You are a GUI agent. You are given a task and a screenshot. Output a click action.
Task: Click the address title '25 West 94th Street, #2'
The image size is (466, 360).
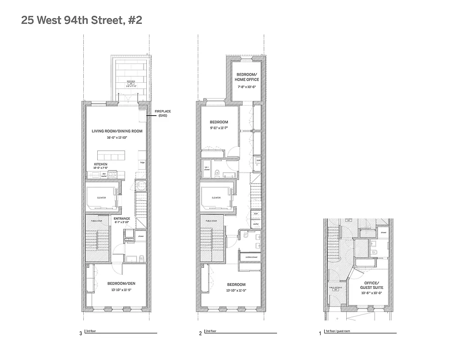click(81, 21)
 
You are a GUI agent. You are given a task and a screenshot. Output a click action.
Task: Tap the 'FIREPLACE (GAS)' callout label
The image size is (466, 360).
click(163, 113)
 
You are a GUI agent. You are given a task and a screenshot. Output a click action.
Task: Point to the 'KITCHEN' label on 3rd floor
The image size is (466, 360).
click(100, 164)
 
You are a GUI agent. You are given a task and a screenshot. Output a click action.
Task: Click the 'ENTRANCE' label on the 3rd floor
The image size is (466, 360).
click(122, 219)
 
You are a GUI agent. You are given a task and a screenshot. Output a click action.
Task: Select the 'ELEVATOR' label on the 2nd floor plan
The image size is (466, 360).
click(216, 198)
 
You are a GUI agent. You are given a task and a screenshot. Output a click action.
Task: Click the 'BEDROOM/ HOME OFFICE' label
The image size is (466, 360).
click(246, 76)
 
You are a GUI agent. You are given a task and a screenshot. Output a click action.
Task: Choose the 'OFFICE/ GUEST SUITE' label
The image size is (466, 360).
click(371, 285)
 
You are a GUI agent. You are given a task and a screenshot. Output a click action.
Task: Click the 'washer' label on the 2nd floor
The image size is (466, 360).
click(256, 224)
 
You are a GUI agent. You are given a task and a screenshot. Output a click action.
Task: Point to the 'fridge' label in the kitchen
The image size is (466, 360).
click(142, 162)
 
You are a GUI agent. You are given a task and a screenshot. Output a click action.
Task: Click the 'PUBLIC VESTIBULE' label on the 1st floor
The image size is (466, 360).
click(335, 288)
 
